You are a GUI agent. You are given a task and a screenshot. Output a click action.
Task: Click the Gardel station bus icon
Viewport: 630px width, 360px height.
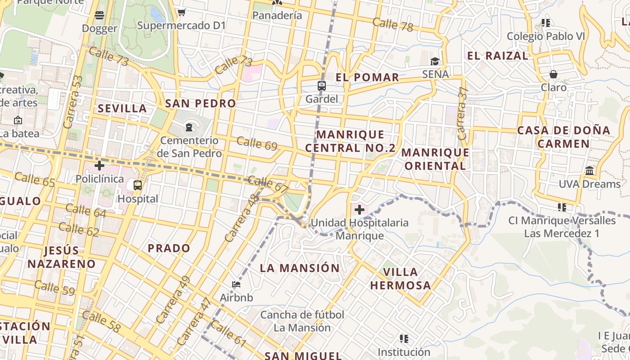click(x=321, y=85)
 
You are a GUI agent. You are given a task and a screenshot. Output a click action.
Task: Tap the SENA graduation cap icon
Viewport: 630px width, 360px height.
click(x=435, y=61)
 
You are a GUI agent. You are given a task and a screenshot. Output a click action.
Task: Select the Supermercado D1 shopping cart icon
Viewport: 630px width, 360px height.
click(x=181, y=12)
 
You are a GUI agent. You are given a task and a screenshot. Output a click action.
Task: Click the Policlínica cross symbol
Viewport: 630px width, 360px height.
click(x=99, y=165)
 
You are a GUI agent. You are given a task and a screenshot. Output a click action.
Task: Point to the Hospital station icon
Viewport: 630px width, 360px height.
click(x=137, y=185)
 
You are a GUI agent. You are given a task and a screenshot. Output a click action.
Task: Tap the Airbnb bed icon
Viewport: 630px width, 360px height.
click(x=236, y=284)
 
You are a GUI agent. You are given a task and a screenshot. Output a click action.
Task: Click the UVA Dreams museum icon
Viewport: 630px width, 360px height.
click(x=589, y=171)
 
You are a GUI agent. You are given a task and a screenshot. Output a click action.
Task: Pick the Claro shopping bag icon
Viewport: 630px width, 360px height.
click(x=553, y=74)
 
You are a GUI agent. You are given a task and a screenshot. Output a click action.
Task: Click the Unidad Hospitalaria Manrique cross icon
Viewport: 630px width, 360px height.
click(x=359, y=209)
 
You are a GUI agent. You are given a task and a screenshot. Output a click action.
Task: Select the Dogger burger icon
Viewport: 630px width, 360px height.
click(x=99, y=16)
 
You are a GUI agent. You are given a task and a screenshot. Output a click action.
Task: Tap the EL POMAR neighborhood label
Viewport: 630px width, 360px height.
click(x=367, y=77)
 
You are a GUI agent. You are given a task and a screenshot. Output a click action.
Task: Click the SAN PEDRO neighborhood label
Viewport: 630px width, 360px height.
click(x=201, y=103)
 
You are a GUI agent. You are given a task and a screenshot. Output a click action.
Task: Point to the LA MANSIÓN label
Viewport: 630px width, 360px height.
click(x=300, y=268)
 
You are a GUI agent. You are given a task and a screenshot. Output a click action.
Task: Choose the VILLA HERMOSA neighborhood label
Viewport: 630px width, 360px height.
click(x=400, y=279)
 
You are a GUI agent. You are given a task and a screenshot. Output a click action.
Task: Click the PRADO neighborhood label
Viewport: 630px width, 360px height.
click(x=169, y=248)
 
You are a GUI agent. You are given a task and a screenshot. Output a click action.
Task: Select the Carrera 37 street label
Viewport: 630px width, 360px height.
click(x=463, y=113)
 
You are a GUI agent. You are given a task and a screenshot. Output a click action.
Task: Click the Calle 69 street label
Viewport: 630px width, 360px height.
click(x=256, y=143)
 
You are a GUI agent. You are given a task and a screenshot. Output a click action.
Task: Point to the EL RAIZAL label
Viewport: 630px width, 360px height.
click(x=497, y=56)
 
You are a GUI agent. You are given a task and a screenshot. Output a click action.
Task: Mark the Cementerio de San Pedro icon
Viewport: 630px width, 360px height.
click(x=189, y=127)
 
